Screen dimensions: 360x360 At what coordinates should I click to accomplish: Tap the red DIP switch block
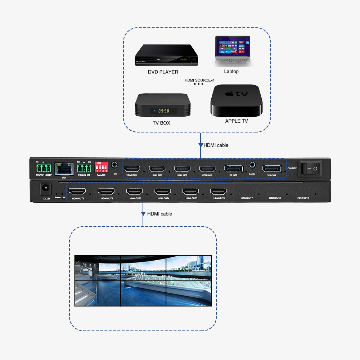pyautogui.click(x=101, y=167)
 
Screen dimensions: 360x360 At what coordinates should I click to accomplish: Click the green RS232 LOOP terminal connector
pyautogui.click(x=43, y=168)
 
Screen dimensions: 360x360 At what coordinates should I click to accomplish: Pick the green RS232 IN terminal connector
pyautogui.click(x=84, y=168)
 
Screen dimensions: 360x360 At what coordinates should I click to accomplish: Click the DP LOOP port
pyautogui.click(x=271, y=168)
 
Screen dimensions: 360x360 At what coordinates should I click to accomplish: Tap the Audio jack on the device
pyautogui.click(x=252, y=165)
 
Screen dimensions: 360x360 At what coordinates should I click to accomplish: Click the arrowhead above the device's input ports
pyautogui.click(x=201, y=145)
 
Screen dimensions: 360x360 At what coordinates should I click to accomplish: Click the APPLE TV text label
pyautogui.click(x=236, y=121)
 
